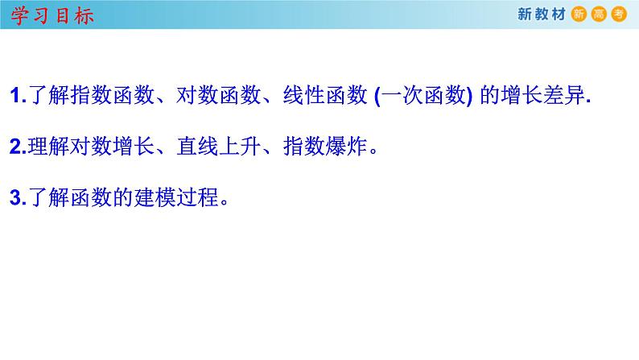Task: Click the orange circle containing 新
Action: tap(580, 14)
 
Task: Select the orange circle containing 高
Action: tap(600, 14)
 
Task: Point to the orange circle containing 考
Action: tap(619, 14)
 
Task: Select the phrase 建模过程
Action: tap(182, 198)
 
